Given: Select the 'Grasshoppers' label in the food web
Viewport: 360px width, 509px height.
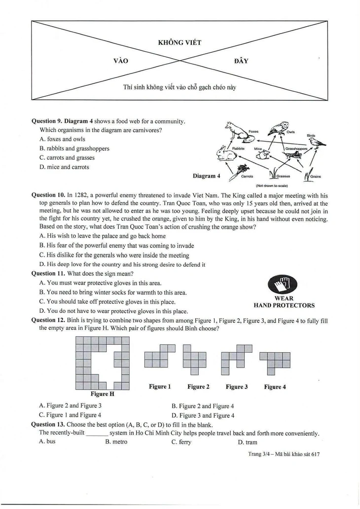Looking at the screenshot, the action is (x=296, y=148).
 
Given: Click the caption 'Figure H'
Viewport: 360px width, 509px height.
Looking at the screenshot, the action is (x=102, y=394).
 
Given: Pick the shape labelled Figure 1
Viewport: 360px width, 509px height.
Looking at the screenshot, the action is (x=159, y=356).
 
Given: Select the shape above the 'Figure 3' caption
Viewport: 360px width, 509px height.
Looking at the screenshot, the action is (x=236, y=360).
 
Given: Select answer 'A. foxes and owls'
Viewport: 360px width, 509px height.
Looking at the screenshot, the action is (x=62, y=139).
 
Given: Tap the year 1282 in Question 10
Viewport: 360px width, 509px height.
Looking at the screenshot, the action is (x=81, y=195).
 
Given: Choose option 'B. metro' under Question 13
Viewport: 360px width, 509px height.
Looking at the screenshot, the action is (x=116, y=442).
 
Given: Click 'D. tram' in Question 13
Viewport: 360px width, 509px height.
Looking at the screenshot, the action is (x=248, y=442).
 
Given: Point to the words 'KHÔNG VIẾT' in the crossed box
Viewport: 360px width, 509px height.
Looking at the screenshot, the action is (x=180, y=42).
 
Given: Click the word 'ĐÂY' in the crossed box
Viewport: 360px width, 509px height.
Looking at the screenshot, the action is (x=241, y=61).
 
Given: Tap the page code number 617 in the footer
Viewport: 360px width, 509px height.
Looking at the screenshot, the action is (x=315, y=454).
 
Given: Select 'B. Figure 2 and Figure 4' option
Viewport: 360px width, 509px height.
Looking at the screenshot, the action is (x=203, y=406).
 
